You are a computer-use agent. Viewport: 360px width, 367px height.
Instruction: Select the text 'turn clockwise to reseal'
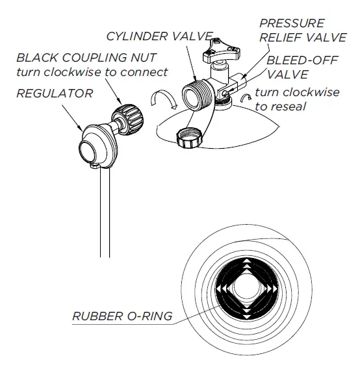(296, 99)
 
